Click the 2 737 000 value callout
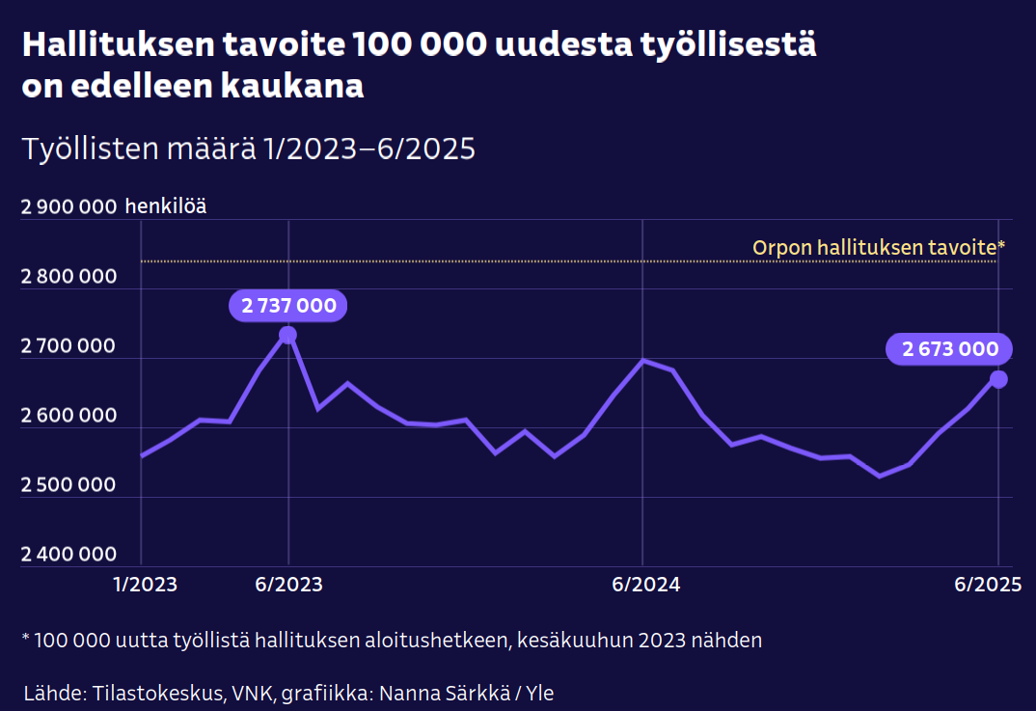tap(288, 307)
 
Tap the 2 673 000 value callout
tap(950, 349)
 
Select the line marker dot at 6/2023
tap(287, 335)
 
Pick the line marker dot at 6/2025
tap(998, 379)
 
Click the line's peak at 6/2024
tap(643, 360)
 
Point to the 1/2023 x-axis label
tap(145, 586)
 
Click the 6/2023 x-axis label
tap(289, 586)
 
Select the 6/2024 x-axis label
tap(645, 586)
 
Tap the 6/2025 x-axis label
tap(987, 586)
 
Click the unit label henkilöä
tap(165, 206)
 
